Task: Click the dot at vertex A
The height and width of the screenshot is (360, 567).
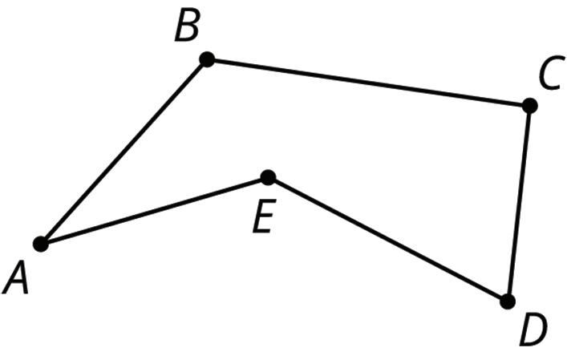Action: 41,244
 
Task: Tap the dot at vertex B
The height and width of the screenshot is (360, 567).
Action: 207,59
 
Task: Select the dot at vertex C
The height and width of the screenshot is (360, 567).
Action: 529,105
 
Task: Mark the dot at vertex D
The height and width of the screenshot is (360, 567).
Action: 507,301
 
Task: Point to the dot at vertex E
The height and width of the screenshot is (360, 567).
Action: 268,177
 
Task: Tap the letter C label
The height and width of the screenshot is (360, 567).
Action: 549,76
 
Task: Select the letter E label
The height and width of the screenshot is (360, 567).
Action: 261,217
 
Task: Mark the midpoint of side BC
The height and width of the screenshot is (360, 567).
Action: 368,82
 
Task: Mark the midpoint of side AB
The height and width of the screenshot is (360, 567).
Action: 124,152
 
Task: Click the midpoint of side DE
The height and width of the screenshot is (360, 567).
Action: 387,240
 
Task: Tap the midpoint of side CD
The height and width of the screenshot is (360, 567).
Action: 518,204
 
